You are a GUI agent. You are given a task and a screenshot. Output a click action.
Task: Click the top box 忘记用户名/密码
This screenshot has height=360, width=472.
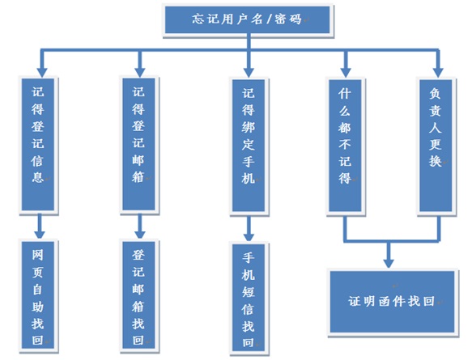[247, 20]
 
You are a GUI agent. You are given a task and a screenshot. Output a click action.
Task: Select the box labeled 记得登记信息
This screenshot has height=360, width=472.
[38, 145]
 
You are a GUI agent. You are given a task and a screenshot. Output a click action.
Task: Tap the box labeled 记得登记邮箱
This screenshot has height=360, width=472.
[138, 144]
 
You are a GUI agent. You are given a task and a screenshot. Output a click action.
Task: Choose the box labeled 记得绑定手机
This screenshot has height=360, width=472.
[249, 146]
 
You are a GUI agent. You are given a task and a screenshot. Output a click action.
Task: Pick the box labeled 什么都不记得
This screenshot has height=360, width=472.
[345, 146]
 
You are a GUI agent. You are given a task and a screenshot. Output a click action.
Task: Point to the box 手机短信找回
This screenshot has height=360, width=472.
[249, 297]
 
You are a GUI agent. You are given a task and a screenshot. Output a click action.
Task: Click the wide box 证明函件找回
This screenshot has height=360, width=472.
[392, 302]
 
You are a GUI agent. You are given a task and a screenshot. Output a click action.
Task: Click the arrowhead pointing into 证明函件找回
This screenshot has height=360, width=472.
[389, 263]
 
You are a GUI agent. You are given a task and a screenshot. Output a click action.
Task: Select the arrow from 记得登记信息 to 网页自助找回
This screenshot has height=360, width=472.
[39, 226]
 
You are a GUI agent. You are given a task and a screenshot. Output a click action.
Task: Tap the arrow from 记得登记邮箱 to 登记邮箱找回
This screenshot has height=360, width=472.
[140, 226]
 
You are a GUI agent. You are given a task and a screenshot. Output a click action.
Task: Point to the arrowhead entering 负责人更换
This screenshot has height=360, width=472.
[438, 73]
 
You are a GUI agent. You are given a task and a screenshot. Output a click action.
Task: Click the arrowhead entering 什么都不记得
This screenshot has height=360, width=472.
[346, 73]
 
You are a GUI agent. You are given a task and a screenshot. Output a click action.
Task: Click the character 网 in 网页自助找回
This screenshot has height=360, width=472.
[37, 255]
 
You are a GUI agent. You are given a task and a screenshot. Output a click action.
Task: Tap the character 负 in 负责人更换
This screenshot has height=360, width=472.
[436, 94]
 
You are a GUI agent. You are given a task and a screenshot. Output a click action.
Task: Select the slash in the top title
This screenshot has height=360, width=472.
[269, 20]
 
